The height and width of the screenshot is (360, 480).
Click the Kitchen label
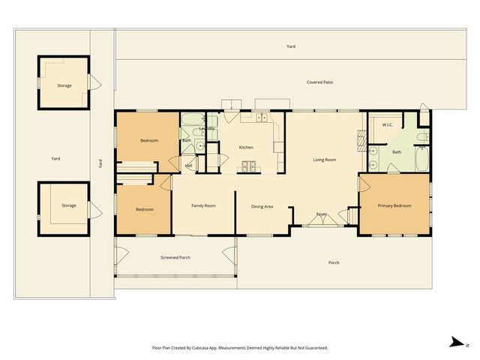(x=246, y=148)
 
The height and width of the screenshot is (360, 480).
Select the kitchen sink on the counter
(x=262, y=118)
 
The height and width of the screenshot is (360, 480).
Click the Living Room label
(x=324, y=160)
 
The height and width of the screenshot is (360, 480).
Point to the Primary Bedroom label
(x=394, y=205)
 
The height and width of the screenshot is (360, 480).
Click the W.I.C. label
(x=388, y=124)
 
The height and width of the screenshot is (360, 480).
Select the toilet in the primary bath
(x=422, y=137)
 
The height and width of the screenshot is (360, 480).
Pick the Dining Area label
(x=262, y=206)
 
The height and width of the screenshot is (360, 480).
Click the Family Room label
(x=203, y=205)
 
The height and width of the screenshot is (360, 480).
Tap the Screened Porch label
(x=175, y=257)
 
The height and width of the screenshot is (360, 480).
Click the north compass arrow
(x=455, y=343)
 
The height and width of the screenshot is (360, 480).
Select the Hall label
(x=188, y=166)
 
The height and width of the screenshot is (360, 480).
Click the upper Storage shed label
(x=64, y=85)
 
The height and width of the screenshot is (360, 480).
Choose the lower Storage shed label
(x=69, y=205)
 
